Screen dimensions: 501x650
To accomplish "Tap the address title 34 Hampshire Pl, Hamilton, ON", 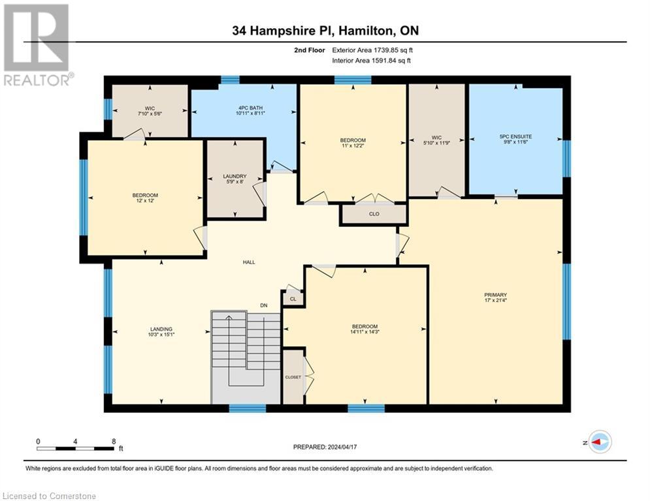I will tap(325, 31).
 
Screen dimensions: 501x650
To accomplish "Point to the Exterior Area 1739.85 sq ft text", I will tap(372, 50).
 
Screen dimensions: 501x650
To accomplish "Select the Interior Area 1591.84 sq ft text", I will tap(372, 61).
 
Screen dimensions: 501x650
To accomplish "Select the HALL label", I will tap(249, 262).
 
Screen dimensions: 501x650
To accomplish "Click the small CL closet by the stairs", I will tap(293, 299).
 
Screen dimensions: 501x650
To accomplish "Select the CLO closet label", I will tap(374, 213).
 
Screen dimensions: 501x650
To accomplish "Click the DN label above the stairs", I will tap(264, 305).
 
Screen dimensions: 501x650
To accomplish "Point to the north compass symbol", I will tap(599, 442).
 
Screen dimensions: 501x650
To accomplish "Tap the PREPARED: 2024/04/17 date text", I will tap(325, 447).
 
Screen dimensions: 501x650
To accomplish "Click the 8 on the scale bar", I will tap(114, 441).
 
